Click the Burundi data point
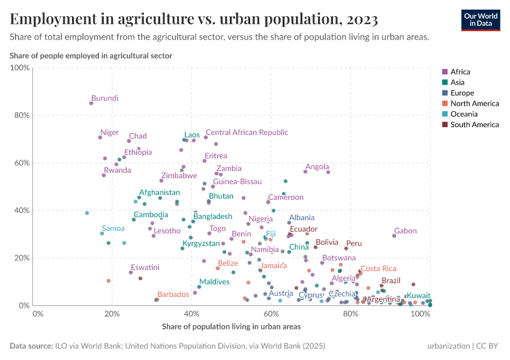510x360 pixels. pos(91,103)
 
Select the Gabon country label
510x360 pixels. pos(405,231)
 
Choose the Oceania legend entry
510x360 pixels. pos(464,114)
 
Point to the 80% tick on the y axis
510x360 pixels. pos(21,115)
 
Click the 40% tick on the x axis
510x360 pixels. pos(191,314)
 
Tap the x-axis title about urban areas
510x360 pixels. pos(231,327)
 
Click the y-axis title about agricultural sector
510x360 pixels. pos(91,56)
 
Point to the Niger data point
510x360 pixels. pos(100,137)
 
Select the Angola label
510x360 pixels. pos(317,167)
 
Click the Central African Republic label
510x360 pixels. pos(247,133)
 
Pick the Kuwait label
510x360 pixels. pos(418,296)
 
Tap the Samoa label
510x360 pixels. pos(113,229)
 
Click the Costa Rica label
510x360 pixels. pos(378,269)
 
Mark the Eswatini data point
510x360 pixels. pos(131,272)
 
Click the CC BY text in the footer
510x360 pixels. pos(489,346)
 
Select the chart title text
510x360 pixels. pos(193,19)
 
